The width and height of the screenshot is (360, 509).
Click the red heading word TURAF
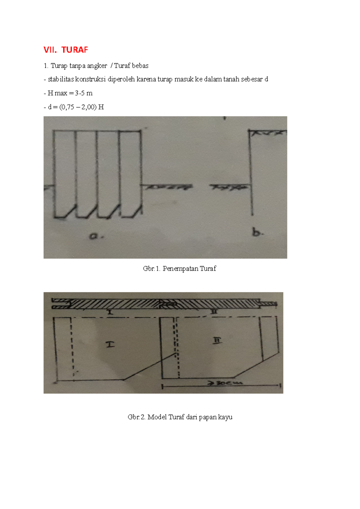pyautogui.click(x=75, y=50)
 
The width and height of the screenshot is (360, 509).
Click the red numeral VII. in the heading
pyautogui.click(x=50, y=50)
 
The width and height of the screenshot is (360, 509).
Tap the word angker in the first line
pyautogui.click(x=97, y=66)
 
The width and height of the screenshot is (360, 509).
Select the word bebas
pyautogui.click(x=140, y=66)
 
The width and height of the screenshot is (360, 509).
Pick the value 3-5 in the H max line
pyautogui.click(x=79, y=93)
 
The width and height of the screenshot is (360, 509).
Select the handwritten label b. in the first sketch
pyautogui.click(x=257, y=233)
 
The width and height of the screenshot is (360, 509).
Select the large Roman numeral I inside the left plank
pyautogui.click(x=110, y=345)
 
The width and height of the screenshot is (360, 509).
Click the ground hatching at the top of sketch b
pyautogui.click(x=268, y=133)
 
